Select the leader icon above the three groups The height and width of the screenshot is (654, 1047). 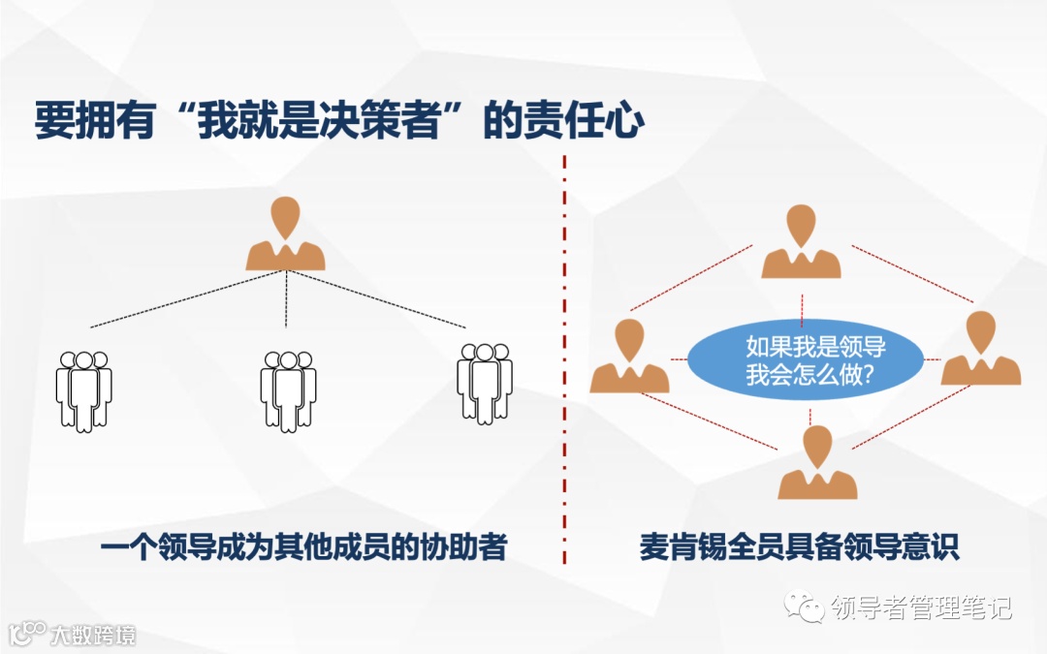coord(285,234)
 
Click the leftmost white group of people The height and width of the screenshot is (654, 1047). coord(84,390)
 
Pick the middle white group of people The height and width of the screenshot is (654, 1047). coord(288,390)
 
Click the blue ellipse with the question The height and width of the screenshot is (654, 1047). coord(802,360)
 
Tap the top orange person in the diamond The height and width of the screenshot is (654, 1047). coord(801,243)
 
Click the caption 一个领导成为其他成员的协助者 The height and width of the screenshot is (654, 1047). coord(303,547)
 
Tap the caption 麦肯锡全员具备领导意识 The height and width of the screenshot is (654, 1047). coord(800,547)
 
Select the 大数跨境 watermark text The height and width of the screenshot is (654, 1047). coord(93,635)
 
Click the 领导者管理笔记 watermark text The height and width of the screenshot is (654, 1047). coord(921,607)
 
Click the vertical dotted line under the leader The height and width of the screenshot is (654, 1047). coord(285,300)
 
